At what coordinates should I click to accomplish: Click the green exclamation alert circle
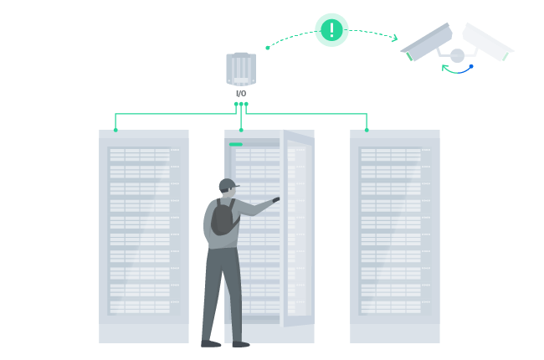pos(331,30)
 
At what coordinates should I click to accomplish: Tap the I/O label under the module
pos(240,93)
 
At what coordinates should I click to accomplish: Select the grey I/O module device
pos(240,69)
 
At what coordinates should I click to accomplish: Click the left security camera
pos(428,43)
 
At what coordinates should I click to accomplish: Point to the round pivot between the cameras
pos(457,56)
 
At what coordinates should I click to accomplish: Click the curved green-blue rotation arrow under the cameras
pos(458,69)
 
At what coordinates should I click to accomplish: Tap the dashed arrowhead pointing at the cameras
pos(393,37)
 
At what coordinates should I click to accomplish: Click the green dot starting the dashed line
pos(267,48)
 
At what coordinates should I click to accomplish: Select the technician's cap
pos(227,183)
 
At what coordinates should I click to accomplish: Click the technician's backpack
pos(223,218)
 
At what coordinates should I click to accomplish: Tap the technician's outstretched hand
pos(275,199)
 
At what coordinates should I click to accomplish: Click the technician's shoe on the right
pos(240,343)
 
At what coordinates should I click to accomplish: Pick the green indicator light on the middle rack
pos(235,144)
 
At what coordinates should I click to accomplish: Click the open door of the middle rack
pos(297,226)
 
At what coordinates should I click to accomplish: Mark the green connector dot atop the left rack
pos(115,130)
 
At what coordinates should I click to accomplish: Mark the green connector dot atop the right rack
pos(367,130)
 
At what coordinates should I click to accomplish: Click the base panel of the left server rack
pos(144,332)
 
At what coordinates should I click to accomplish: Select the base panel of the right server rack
pos(394,332)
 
